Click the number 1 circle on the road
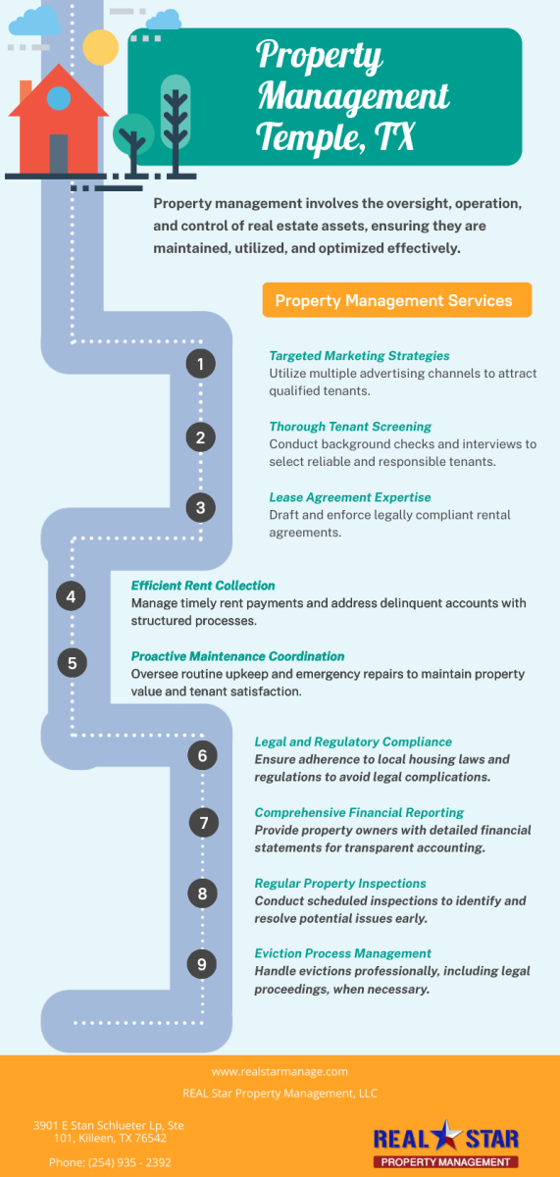coord(201,364)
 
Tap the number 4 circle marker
coord(71,596)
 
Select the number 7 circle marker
coord(204,822)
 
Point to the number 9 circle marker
coord(202,963)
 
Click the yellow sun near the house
coord(100,47)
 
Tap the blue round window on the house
coord(59,98)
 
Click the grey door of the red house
coord(59,154)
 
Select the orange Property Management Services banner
coord(397,300)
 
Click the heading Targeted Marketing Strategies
coord(359,356)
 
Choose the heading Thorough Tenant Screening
coord(350,426)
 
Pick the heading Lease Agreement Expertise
coord(350,497)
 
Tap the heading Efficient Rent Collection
coord(203,586)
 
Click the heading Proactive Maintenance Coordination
coord(237,656)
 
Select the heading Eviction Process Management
coord(342,953)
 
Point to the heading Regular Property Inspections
coord(340,884)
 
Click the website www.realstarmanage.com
coord(280,1071)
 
